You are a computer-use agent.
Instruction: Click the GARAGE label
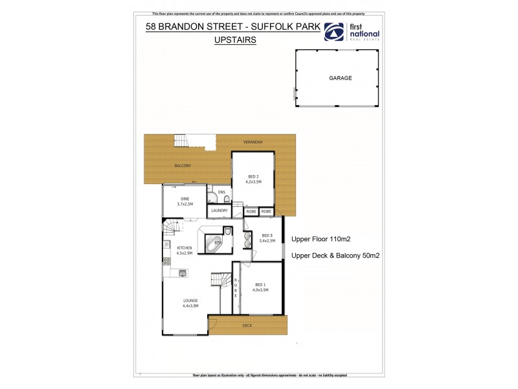(340, 78)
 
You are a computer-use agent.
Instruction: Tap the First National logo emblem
(335, 32)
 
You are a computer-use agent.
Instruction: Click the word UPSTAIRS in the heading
(235, 40)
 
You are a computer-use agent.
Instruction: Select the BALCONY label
(183, 166)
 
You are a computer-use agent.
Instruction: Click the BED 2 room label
(253, 176)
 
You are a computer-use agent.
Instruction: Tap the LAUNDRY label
(219, 211)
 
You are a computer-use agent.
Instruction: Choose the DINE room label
(185, 199)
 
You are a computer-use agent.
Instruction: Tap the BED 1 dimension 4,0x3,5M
(261, 290)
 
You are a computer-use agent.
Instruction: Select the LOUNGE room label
(190, 300)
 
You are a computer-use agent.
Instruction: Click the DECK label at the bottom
(247, 325)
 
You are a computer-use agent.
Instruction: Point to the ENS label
(221, 193)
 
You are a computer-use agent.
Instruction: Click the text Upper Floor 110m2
(325, 239)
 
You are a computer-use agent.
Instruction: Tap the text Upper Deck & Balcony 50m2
(335, 255)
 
